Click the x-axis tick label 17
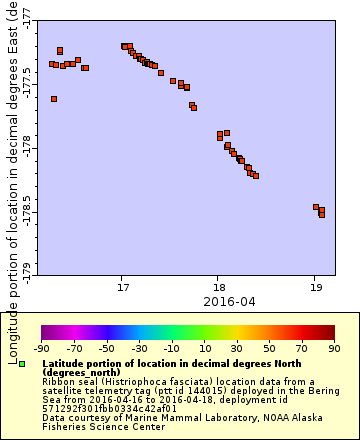122,287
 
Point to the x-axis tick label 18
218,287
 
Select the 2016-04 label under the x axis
229,301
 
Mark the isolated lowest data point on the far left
54,99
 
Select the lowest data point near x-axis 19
322,214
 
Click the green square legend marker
35,363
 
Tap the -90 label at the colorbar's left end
42,348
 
